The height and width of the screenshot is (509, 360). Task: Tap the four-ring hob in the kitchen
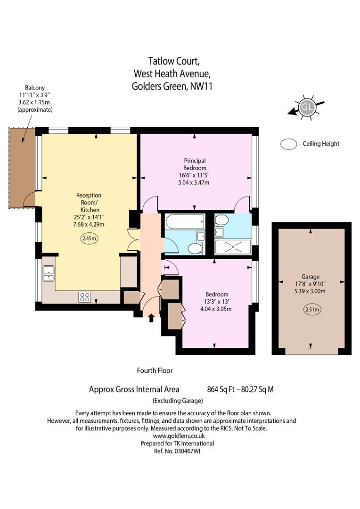click(85, 297)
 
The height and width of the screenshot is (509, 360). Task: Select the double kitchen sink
click(49, 273)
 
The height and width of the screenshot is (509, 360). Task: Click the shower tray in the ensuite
click(233, 247)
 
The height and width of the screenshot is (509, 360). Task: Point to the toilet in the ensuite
click(222, 221)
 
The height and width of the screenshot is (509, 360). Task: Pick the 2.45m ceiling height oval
click(89, 238)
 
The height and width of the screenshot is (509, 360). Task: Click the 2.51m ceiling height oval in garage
click(312, 309)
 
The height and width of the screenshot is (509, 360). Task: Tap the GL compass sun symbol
click(306, 107)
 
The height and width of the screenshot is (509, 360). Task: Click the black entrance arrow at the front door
click(151, 318)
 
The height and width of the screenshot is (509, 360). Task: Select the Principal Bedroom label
click(195, 164)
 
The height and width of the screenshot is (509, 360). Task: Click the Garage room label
click(311, 277)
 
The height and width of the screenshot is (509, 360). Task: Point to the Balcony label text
click(35, 88)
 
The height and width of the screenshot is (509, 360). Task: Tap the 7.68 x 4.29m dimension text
click(89, 224)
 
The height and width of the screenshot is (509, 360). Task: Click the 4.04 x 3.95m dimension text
click(216, 309)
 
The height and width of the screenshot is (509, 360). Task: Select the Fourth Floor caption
click(155, 370)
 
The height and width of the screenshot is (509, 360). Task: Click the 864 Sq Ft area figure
click(221, 389)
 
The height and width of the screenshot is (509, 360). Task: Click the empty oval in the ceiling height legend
click(288, 144)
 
